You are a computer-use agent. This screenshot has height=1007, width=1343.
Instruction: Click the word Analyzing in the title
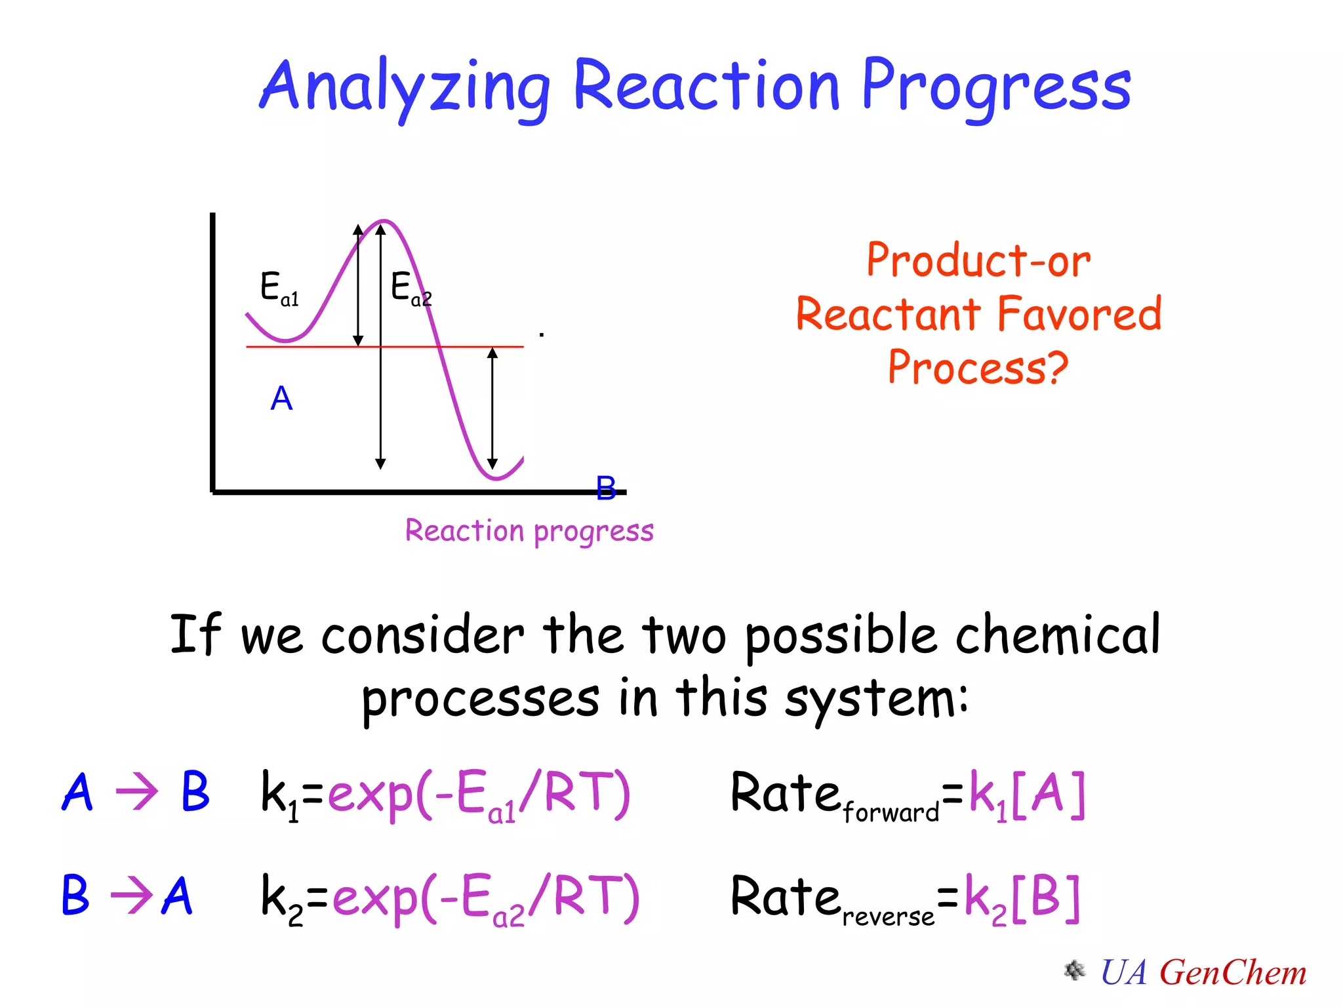[405, 87]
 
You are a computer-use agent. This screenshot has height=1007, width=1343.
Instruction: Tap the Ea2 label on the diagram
[411, 288]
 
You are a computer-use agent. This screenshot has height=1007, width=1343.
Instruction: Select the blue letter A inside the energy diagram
[281, 399]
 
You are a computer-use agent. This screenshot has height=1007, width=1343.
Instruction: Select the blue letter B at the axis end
[606, 488]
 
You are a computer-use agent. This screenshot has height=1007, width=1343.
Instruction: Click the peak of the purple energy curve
[384, 222]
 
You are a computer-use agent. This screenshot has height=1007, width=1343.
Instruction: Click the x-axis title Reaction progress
[529, 531]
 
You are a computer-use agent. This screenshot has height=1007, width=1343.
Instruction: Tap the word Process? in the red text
[978, 368]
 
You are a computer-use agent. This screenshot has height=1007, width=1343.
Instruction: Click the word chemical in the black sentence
[1057, 635]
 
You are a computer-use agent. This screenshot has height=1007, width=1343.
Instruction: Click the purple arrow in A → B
[136, 792]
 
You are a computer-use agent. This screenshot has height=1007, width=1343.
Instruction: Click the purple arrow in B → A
[131, 895]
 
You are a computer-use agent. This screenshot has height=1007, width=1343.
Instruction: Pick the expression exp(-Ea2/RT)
[485, 898]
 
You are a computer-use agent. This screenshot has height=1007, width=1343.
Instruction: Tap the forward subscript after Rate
[891, 813]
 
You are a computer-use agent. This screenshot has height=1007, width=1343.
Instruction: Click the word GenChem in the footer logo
[1233, 973]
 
